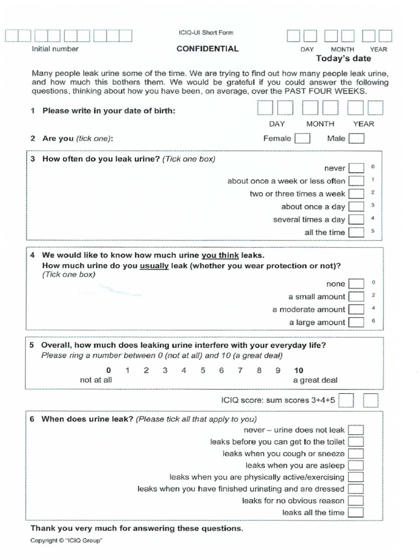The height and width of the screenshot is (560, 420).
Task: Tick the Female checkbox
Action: [302, 138]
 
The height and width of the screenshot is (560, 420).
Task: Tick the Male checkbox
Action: [357, 138]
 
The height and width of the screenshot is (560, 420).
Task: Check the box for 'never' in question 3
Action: [356, 168]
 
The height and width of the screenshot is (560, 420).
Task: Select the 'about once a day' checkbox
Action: [356, 207]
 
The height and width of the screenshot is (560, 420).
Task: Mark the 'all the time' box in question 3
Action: [356, 232]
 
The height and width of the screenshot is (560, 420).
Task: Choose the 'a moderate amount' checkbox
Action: [356, 310]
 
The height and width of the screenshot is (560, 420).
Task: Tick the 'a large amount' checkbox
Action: [356, 323]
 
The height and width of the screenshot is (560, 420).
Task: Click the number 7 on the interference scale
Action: [240, 370]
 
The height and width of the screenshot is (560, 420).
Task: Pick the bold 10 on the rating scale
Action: [299, 370]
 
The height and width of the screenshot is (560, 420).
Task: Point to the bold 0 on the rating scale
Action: [108, 370]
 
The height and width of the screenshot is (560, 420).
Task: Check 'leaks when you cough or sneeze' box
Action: [355, 454]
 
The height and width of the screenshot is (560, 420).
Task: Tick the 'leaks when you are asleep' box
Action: [355, 465]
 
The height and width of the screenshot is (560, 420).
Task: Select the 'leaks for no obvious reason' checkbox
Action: [355, 500]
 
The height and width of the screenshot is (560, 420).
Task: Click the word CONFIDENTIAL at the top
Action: [207, 49]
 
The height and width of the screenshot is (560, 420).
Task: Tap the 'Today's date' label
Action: [343, 59]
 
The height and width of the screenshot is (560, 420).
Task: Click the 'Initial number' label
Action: [55, 49]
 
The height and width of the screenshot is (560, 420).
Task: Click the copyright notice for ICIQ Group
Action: [66, 540]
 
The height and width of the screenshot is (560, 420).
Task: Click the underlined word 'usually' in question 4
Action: [155, 266]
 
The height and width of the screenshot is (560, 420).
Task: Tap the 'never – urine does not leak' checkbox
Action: [355, 430]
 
